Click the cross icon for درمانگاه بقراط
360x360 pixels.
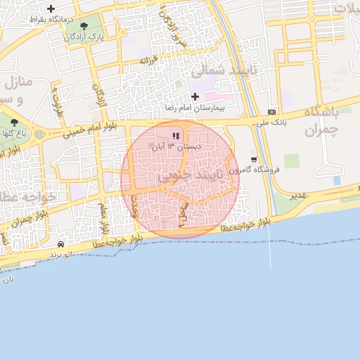click(x=51, y=8)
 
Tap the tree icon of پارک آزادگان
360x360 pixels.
click(x=84, y=26)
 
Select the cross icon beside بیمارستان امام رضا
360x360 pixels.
click(x=195, y=96)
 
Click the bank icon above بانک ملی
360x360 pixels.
click(x=272, y=112)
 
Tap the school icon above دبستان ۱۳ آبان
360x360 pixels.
click(x=176, y=136)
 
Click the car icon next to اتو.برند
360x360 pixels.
click(x=61, y=243)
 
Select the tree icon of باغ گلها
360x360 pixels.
click(x=14, y=122)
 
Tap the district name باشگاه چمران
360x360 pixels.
click(x=322, y=121)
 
